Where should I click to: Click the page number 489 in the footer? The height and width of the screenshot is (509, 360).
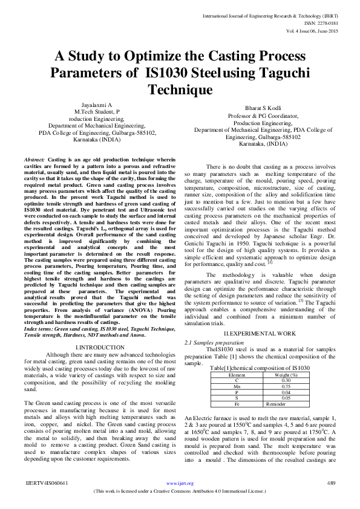331,500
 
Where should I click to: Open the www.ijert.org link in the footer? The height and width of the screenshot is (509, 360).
180,500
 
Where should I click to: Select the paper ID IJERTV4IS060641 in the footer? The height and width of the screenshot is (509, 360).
47,500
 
